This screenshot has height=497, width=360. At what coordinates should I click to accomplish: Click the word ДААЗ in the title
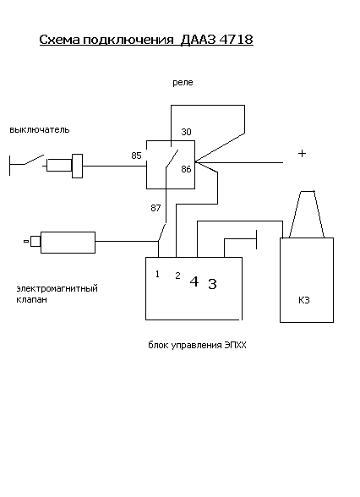coord(199,40)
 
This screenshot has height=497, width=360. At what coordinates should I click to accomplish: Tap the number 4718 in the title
coord(236,40)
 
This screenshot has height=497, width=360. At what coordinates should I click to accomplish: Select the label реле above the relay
coord(183,83)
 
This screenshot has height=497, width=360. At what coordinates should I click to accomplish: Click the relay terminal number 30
coord(186,132)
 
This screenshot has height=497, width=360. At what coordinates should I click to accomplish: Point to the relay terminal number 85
coord(137,156)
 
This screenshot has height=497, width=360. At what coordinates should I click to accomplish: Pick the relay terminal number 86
coord(186,169)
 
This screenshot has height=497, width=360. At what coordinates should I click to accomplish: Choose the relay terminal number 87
coord(155,208)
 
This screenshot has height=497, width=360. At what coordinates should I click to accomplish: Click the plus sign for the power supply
coord(302,154)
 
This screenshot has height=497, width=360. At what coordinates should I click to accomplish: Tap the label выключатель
coord(39,130)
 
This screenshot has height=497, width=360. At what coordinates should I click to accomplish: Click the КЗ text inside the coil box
coord(304,300)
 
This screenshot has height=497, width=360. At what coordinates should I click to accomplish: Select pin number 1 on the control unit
coord(157,274)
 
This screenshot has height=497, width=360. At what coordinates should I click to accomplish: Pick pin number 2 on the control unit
coord(177,276)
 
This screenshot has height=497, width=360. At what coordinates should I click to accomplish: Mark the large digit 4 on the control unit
coord(194,281)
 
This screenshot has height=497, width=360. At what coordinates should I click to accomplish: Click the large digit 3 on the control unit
coord(213,284)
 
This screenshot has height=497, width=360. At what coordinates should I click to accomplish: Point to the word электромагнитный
coord(57,289)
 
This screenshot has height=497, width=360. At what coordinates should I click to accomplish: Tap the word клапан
coord(32,300)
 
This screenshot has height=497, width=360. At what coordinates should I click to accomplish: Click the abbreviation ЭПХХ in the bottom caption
coord(235,345)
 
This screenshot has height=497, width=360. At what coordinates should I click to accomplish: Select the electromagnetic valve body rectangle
coord(68,243)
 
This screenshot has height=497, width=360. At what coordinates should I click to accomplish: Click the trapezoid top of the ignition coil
coord(307,215)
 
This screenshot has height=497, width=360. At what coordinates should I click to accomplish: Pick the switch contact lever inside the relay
coord(172,158)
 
